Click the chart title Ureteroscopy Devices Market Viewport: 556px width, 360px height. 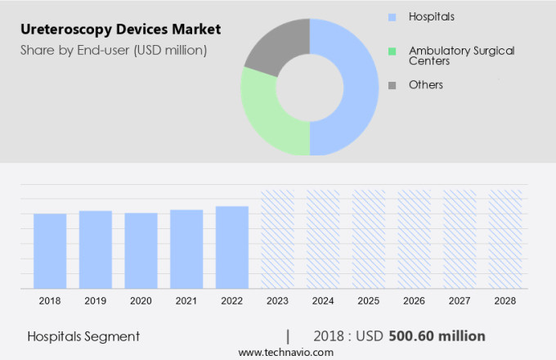[x=120, y=29]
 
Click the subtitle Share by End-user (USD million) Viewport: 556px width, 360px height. [x=114, y=50]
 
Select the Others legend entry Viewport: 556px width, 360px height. [x=425, y=85]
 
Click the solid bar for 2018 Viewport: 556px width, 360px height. [x=50, y=250]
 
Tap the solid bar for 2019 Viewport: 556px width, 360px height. [x=96, y=249]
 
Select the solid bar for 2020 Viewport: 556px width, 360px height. [x=141, y=250]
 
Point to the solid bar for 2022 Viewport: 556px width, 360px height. [x=232, y=246]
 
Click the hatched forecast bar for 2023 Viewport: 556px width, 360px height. [x=277, y=239]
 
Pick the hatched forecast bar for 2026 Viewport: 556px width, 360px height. [x=414, y=239]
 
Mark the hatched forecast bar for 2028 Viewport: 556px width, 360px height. [x=504, y=239]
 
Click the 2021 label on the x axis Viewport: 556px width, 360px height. [x=186, y=301]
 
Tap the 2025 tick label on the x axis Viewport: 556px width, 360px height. [x=368, y=301]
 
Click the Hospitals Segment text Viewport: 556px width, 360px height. [x=83, y=336]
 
